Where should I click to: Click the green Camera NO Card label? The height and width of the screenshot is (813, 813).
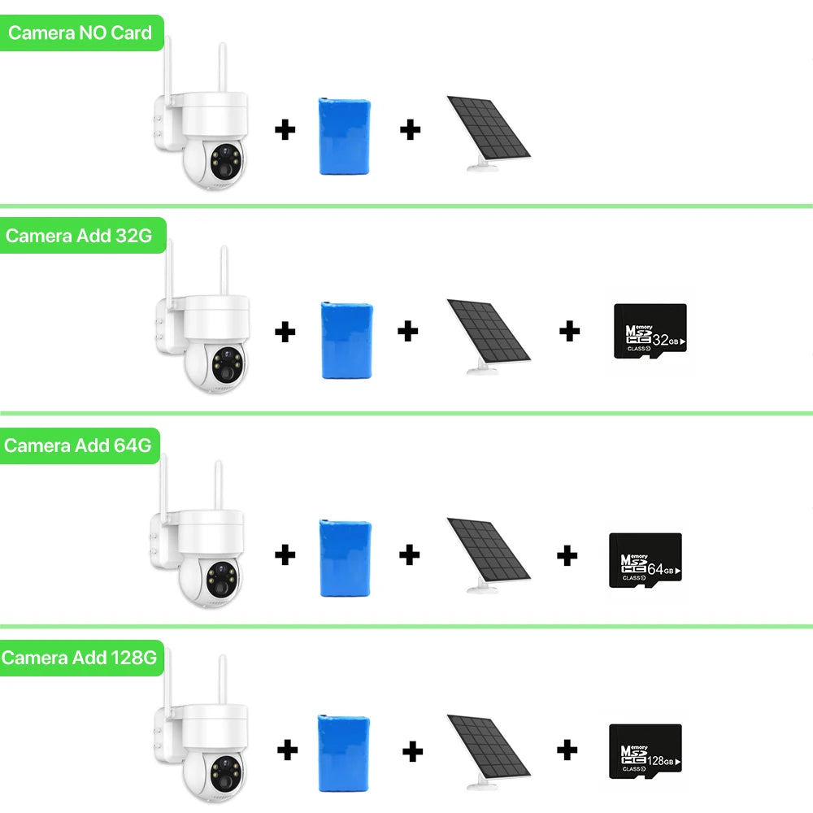[80, 33]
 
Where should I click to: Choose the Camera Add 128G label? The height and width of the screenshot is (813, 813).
[79, 658]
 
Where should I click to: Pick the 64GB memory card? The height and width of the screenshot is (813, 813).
[646, 561]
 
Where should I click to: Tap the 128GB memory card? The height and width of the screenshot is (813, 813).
[646, 751]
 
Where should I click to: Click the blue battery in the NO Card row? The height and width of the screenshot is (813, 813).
[345, 136]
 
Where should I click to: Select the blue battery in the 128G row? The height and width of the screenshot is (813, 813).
[343, 751]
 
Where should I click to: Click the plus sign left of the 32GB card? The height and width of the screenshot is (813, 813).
[570, 331]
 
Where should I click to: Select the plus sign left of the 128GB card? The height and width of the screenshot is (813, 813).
[567, 750]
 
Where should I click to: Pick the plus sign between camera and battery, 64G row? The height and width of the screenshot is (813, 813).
[285, 555]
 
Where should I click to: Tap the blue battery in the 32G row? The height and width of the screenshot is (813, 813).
[347, 340]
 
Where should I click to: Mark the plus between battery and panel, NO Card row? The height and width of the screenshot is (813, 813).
[410, 128]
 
